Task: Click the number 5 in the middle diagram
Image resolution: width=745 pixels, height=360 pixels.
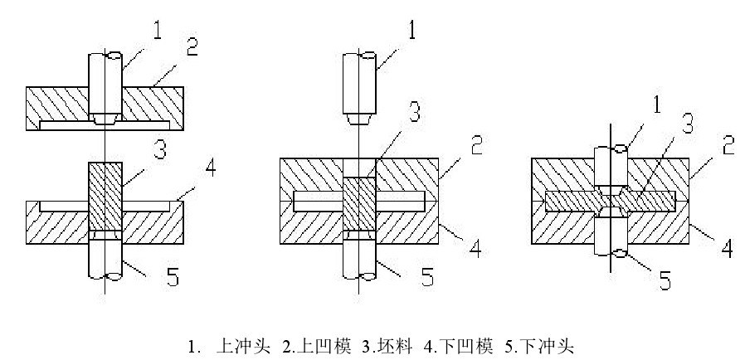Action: point(426,276)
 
